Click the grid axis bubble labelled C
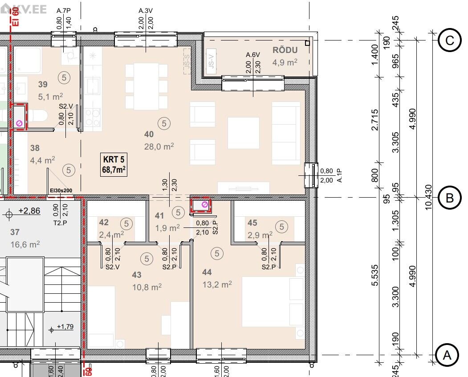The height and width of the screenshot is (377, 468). coord(449,40)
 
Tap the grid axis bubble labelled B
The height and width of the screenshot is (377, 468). coord(449,198)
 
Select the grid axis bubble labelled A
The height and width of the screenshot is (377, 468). coord(447,355)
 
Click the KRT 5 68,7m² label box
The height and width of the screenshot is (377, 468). coord(114,164)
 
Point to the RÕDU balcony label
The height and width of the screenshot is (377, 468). coord(285,50)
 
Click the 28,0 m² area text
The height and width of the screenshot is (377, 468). coord(159,146)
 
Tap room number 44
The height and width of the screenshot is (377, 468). coord(207,272)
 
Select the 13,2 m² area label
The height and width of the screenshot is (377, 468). coord(217,284)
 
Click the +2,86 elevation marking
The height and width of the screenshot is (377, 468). coord(29,211)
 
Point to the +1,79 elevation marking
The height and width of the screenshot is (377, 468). coord(65,327)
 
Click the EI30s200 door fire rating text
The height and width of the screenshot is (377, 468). coord(61,191)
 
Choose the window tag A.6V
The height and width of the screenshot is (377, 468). coord(253,55)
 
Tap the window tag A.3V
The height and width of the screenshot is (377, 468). coord(146,11)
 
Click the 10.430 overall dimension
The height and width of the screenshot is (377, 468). coord(428,197)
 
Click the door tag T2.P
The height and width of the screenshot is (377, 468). coord(60,223)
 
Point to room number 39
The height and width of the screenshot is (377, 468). coord(43,84)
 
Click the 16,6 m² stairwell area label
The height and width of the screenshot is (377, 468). coord(25,244)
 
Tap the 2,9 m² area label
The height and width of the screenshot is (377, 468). coord(260,235)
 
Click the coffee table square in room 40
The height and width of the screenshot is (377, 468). coord(243,133)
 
